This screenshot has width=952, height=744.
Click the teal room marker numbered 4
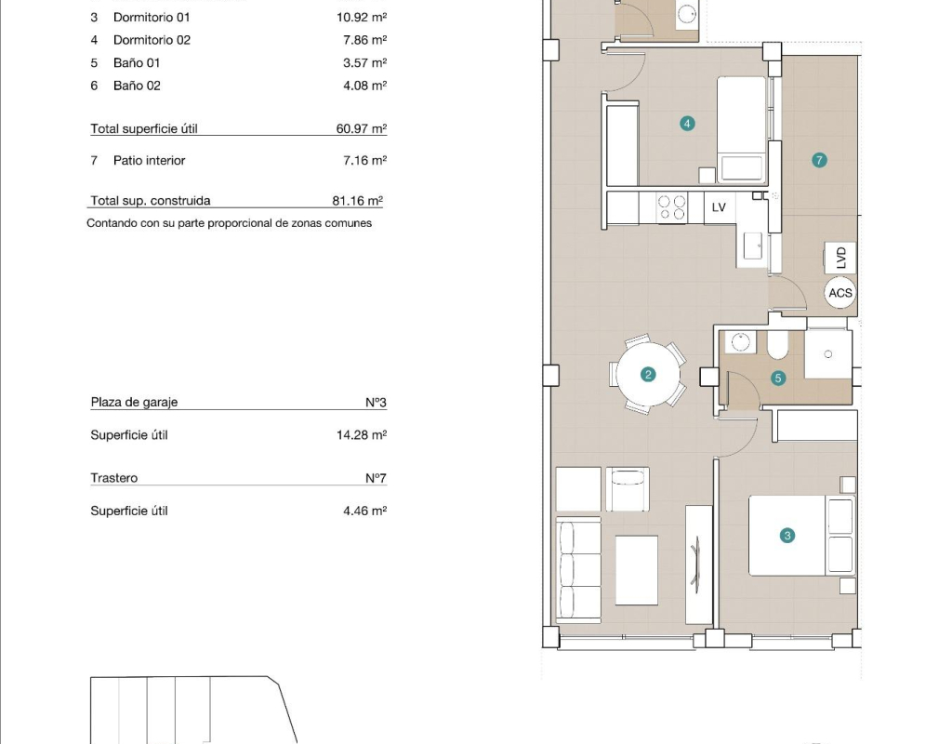pos(687,124)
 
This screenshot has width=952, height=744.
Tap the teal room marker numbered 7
pos(819,160)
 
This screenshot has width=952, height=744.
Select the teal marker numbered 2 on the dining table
pos(648,375)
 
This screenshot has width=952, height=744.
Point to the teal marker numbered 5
pos(778,379)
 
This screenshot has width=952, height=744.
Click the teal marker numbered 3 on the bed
pos(787,536)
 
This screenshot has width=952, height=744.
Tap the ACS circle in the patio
pos(840,293)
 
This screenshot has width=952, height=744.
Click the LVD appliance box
pos(840,258)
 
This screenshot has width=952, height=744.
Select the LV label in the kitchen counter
pos(719,207)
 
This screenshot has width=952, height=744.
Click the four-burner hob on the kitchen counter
pos(672,207)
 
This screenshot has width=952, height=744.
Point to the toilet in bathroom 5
pos(778,345)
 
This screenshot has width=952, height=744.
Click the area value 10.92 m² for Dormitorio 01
pos(362,17)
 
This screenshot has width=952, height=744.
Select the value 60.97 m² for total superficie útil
pos(362,128)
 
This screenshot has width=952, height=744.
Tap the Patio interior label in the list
pos(150,160)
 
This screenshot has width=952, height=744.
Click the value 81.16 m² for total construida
pos(358,201)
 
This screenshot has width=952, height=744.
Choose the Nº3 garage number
pos(376,402)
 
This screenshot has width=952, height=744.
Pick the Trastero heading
pos(114,478)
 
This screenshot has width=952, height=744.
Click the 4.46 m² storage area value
pos(364,511)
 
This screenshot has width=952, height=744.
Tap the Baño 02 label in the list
pos(138,86)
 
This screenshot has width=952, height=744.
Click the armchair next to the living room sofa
pos(628,489)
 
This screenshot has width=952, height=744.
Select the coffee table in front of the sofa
pos(636,570)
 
